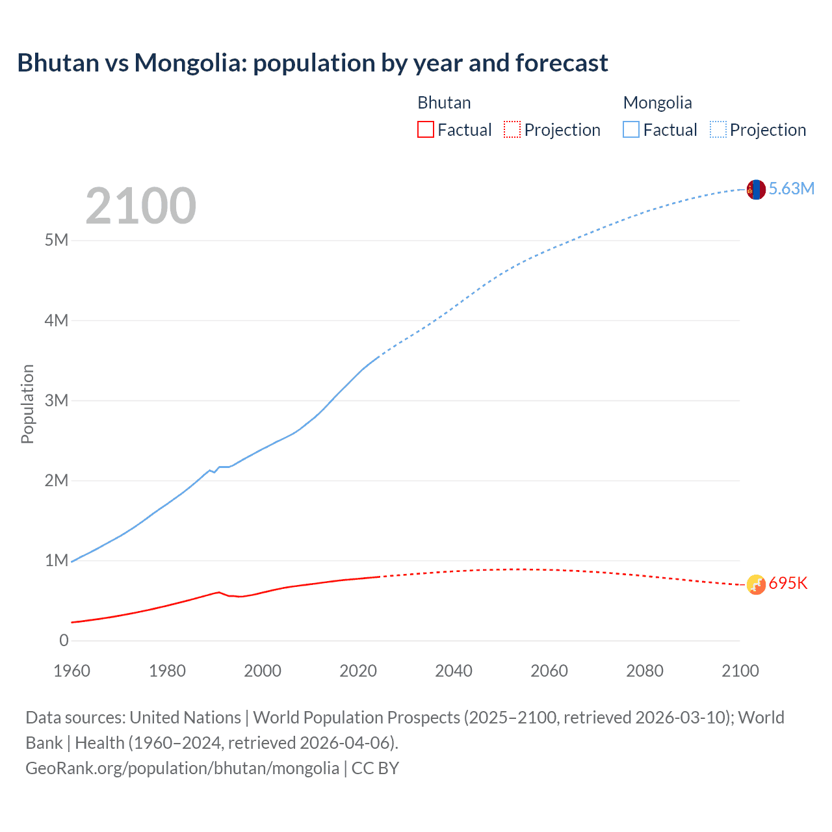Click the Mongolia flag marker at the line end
click(x=756, y=190)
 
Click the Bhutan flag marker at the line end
click(x=756, y=585)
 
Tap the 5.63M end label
click(x=791, y=189)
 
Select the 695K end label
click(x=788, y=584)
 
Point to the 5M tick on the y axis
click(x=57, y=240)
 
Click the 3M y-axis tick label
click(x=57, y=400)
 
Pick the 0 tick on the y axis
click(x=64, y=641)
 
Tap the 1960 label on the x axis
click(x=71, y=671)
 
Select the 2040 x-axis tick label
click(x=454, y=671)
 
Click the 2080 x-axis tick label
click(x=645, y=671)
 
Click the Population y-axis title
click(x=27, y=404)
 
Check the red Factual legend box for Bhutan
click(x=426, y=130)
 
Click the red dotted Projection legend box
click(x=512, y=130)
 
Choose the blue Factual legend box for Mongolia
click(x=631, y=130)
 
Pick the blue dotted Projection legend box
click(x=718, y=130)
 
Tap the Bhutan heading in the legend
click(x=444, y=103)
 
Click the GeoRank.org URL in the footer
click(x=182, y=768)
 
